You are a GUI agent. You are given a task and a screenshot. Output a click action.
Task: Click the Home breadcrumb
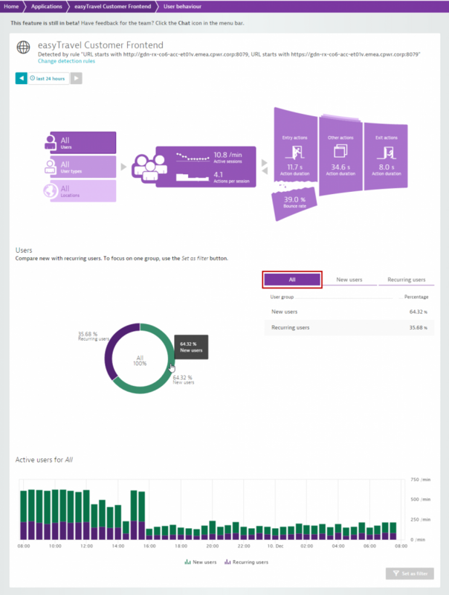point(11,6)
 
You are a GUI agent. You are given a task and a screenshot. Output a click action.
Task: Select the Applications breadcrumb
point(46,6)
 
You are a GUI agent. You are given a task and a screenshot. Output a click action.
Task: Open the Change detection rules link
point(68,60)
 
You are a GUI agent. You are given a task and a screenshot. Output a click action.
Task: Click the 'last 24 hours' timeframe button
point(49,78)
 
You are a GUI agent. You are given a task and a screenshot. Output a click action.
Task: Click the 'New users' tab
point(349,280)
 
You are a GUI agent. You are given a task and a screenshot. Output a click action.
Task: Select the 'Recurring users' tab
point(406,280)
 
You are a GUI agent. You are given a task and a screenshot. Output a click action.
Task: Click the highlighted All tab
point(292,280)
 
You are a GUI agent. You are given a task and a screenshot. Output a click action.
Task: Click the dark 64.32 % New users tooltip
point(191,347)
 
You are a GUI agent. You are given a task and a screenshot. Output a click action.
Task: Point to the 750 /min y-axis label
point(421,480)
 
